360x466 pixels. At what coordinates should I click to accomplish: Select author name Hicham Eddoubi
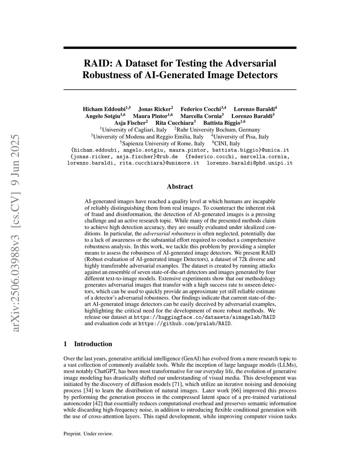104,109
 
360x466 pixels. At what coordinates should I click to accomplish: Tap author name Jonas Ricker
154,109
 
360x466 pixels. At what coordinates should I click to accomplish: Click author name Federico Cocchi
201,109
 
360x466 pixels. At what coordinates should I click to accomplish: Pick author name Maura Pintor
150,116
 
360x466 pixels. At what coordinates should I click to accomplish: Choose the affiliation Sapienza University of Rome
163,143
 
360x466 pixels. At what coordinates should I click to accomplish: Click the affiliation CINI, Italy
227,143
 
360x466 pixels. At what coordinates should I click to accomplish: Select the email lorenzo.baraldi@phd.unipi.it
250,163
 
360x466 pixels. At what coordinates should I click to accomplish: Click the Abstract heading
180,187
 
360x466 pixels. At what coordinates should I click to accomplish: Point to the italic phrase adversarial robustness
169,234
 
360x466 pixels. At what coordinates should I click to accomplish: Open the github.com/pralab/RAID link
185,324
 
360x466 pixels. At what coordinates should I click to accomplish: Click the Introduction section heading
93,344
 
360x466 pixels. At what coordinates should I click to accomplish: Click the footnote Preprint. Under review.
88,434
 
